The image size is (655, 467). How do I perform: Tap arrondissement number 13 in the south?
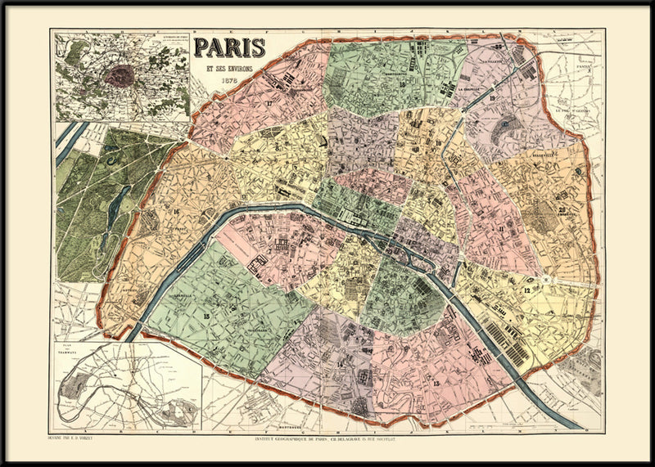coord(436,384)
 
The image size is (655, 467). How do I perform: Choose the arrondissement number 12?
coord(528,290)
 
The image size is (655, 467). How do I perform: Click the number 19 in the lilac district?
coord(493,99)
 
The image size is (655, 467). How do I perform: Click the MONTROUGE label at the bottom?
coord(286,428)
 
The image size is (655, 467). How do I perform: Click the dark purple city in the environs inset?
coord(121,75)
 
